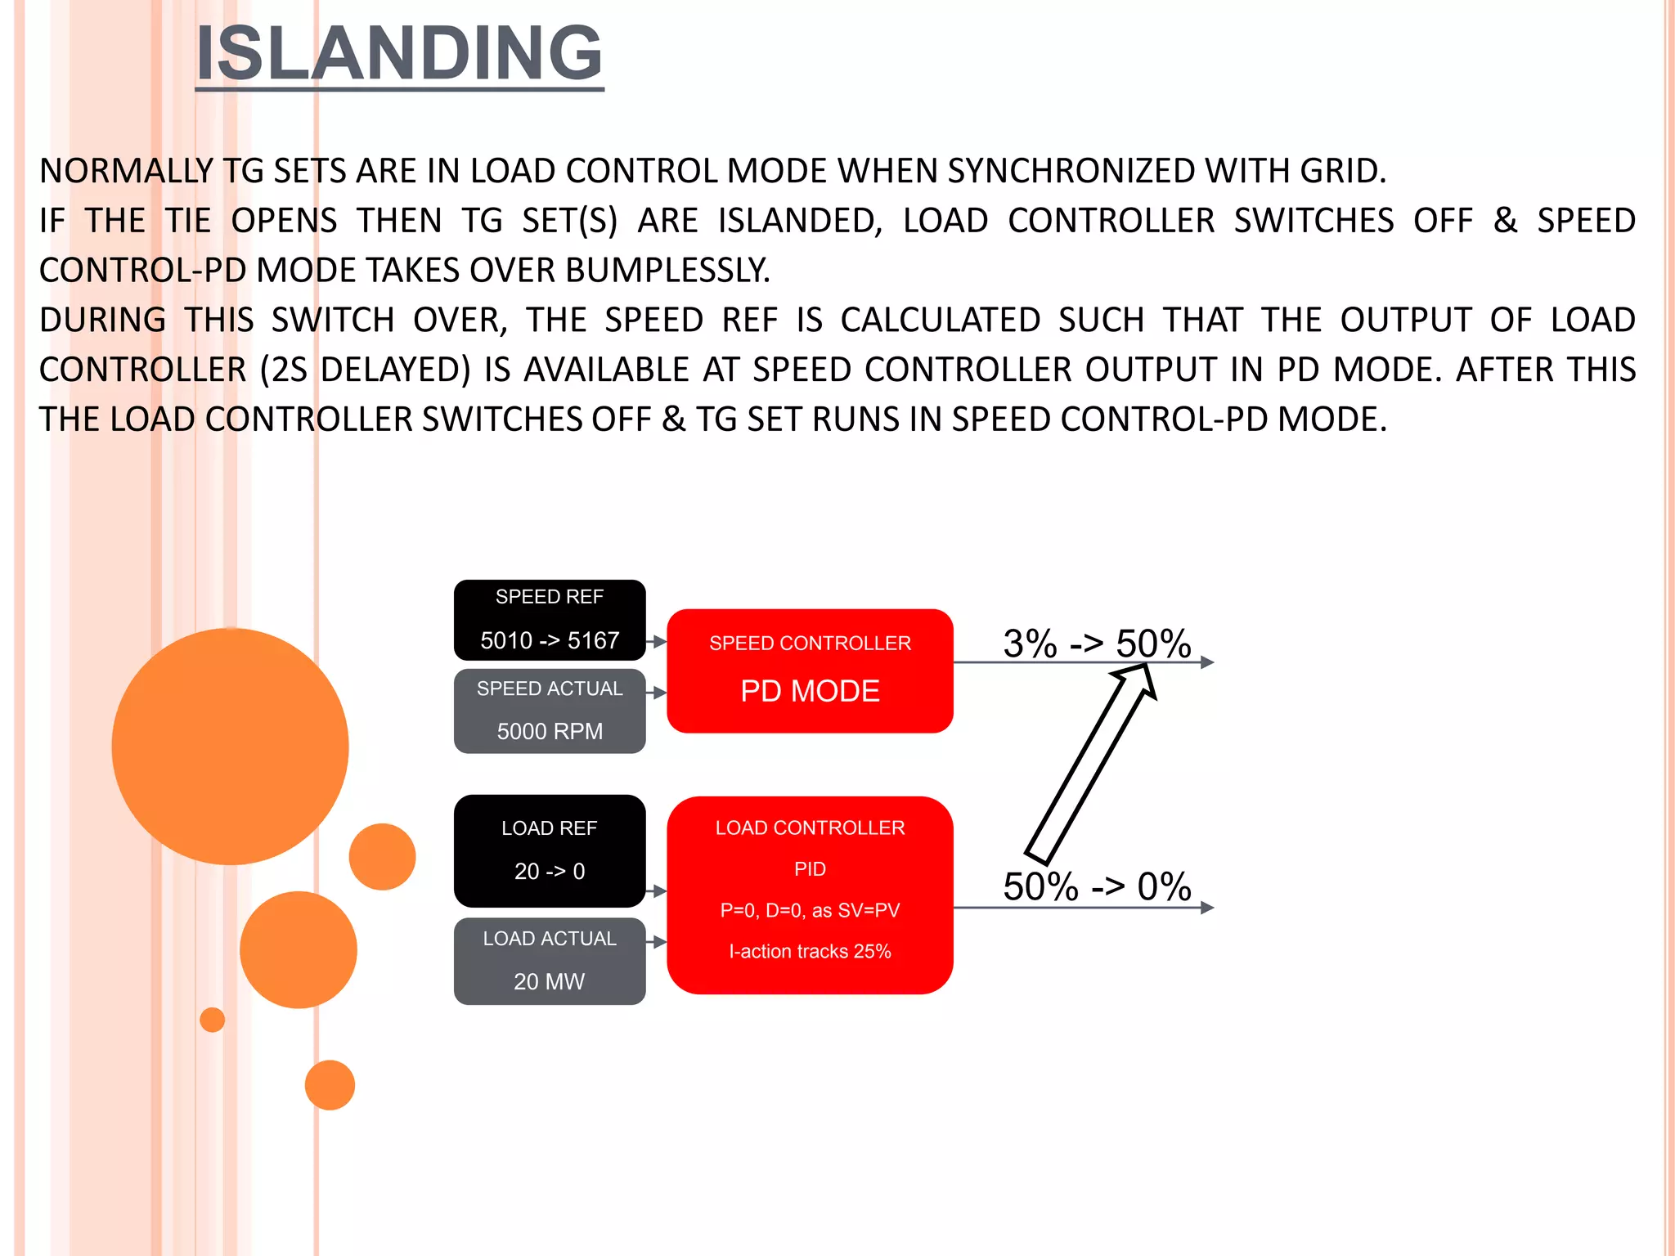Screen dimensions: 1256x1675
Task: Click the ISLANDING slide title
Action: [399, 53]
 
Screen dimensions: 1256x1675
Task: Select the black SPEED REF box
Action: [550, 618]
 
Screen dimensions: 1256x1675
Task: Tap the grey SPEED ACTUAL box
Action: [550, 710]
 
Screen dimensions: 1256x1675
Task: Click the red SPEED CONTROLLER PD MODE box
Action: [810, 670]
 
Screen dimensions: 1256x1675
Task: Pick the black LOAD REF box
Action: [550, 850]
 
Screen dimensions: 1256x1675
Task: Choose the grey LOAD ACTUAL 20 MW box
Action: [550, 960]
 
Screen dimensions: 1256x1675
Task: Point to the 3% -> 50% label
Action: [1096, 643]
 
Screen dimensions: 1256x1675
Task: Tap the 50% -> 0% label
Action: [1096, 886]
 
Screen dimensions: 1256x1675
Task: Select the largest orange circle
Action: [230, 746]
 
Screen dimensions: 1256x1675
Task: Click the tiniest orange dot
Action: [213, 1020]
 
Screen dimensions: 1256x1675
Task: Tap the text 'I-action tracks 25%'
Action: [810, 951]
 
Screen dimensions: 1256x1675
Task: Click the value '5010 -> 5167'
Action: [550, 640]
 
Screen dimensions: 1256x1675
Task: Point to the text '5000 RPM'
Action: [550, 731]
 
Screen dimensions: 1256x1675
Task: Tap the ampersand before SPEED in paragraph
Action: [1505, 221]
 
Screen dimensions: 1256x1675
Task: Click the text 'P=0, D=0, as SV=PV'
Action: [810, 910]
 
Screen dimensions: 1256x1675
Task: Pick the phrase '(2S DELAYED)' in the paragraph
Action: [365, 370]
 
